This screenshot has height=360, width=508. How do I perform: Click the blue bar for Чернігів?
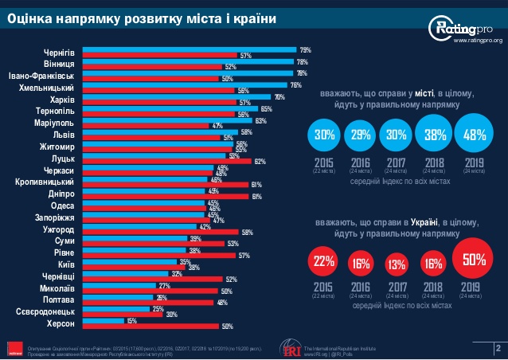click(190, 50)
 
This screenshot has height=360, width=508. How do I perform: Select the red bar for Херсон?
click(151, 327)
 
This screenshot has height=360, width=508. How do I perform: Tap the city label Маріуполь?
click(53, 124)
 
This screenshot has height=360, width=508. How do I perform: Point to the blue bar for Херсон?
click(104, 321)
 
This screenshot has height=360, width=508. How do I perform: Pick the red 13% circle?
click(396, 264)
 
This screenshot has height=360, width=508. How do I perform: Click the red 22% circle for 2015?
click(324, 261)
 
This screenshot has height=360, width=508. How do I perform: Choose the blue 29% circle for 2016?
click(360, 135)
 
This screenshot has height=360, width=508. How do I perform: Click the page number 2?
click(497, 347)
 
